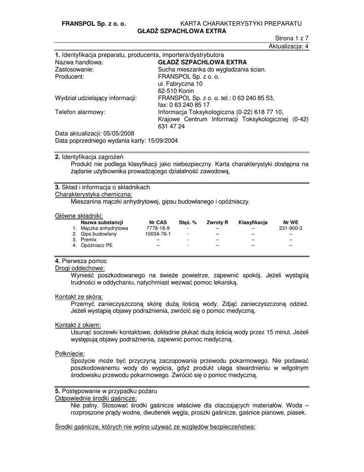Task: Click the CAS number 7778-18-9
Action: pyautogui.click(x=158, y=228)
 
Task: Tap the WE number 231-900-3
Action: pyautogui.click(x=290, y=228)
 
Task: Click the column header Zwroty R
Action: pyautogui.click(x=217, y=223)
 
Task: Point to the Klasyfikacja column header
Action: pyautogui.click(x=253, y=223)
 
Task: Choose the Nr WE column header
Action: pyautogui.click(x=290, y=223)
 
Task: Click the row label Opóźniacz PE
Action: pyautogui.click(x=96, y=245)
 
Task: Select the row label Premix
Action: pyautogui.click(x=88, y=240)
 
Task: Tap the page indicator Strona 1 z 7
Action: pyautogui.click(x=292, y=39)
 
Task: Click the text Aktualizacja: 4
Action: pyautogui.click(x=289, y=47)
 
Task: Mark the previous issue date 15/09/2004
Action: pyautogui.click(x=163, y=141)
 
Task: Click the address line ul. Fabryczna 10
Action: pyautogui.click(x=180, y=84)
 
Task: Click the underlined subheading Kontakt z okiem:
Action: pyautogui.click(x=78, y=325)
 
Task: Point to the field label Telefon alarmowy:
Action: pyautogui.click(x=80, y=112)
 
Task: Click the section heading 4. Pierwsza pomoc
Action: pyautogui.click(x=81, y=261)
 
